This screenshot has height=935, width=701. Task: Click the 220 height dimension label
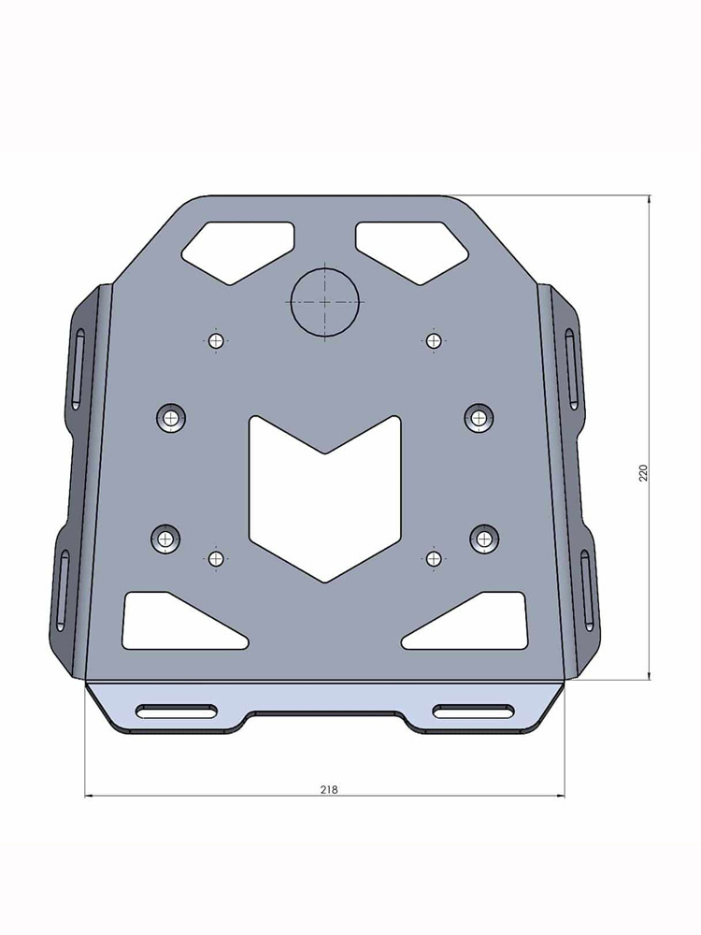pos(643,471)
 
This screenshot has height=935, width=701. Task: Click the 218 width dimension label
pos(328,789)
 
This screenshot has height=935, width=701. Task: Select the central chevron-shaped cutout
pos(324,496)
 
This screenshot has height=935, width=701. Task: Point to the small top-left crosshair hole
pos(217,340)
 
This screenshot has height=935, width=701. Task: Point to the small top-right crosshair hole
pos(432,340)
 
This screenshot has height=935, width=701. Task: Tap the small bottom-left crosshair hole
pos(217,558)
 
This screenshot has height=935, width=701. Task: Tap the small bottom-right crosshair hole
pos(433,558)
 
